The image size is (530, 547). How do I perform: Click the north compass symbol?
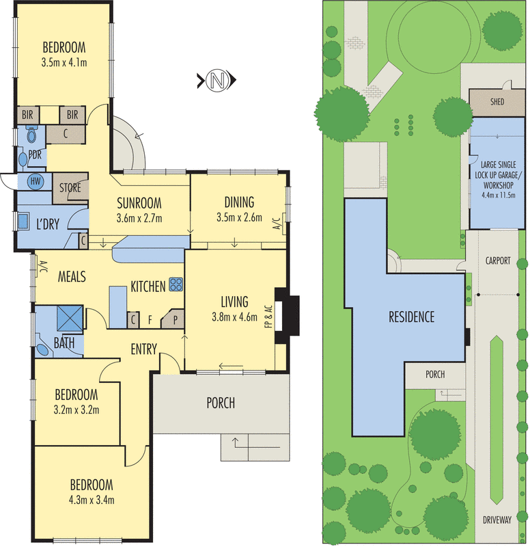click(217, 80)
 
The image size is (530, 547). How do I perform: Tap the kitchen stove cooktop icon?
click(176, 284)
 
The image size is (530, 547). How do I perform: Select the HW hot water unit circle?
click(36, 181)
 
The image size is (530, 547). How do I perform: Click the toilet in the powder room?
click(31, 133)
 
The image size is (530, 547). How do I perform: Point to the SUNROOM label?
click(139, 203)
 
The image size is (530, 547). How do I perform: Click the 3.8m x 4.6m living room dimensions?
click(234, 317)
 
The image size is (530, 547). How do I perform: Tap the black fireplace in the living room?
click(287, 316)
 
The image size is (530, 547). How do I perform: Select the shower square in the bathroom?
click(70, 317)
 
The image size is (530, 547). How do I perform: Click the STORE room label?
click(70, 187)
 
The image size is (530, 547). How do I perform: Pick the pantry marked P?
click(174, 319)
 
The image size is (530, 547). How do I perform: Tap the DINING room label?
click(239, 202)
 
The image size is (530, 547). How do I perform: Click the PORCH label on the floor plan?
click(221, 403)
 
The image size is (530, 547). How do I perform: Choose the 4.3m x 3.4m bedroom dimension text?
click(92, 500)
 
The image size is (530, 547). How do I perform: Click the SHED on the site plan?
click(497, 102)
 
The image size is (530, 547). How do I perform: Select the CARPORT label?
click(498, 261)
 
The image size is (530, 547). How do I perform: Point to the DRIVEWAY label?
click(497, 520)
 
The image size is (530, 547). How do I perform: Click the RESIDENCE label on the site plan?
click(412, 317)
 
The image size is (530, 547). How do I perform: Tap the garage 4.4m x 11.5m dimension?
click(499, 195)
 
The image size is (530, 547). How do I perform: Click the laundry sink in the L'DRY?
click(23, 221)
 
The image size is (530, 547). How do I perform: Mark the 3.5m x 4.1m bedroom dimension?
click(64, 63)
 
